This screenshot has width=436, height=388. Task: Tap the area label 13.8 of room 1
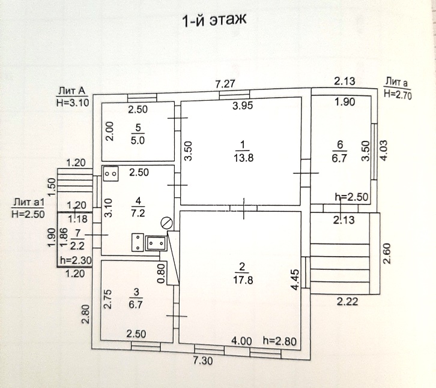pos(241,158)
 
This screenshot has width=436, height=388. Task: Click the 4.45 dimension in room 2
pos(294,279)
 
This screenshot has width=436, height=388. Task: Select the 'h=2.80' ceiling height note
pos(280,341)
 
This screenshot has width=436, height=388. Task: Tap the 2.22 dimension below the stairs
pos(347,301)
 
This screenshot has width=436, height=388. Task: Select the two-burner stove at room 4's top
pos(111,173)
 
